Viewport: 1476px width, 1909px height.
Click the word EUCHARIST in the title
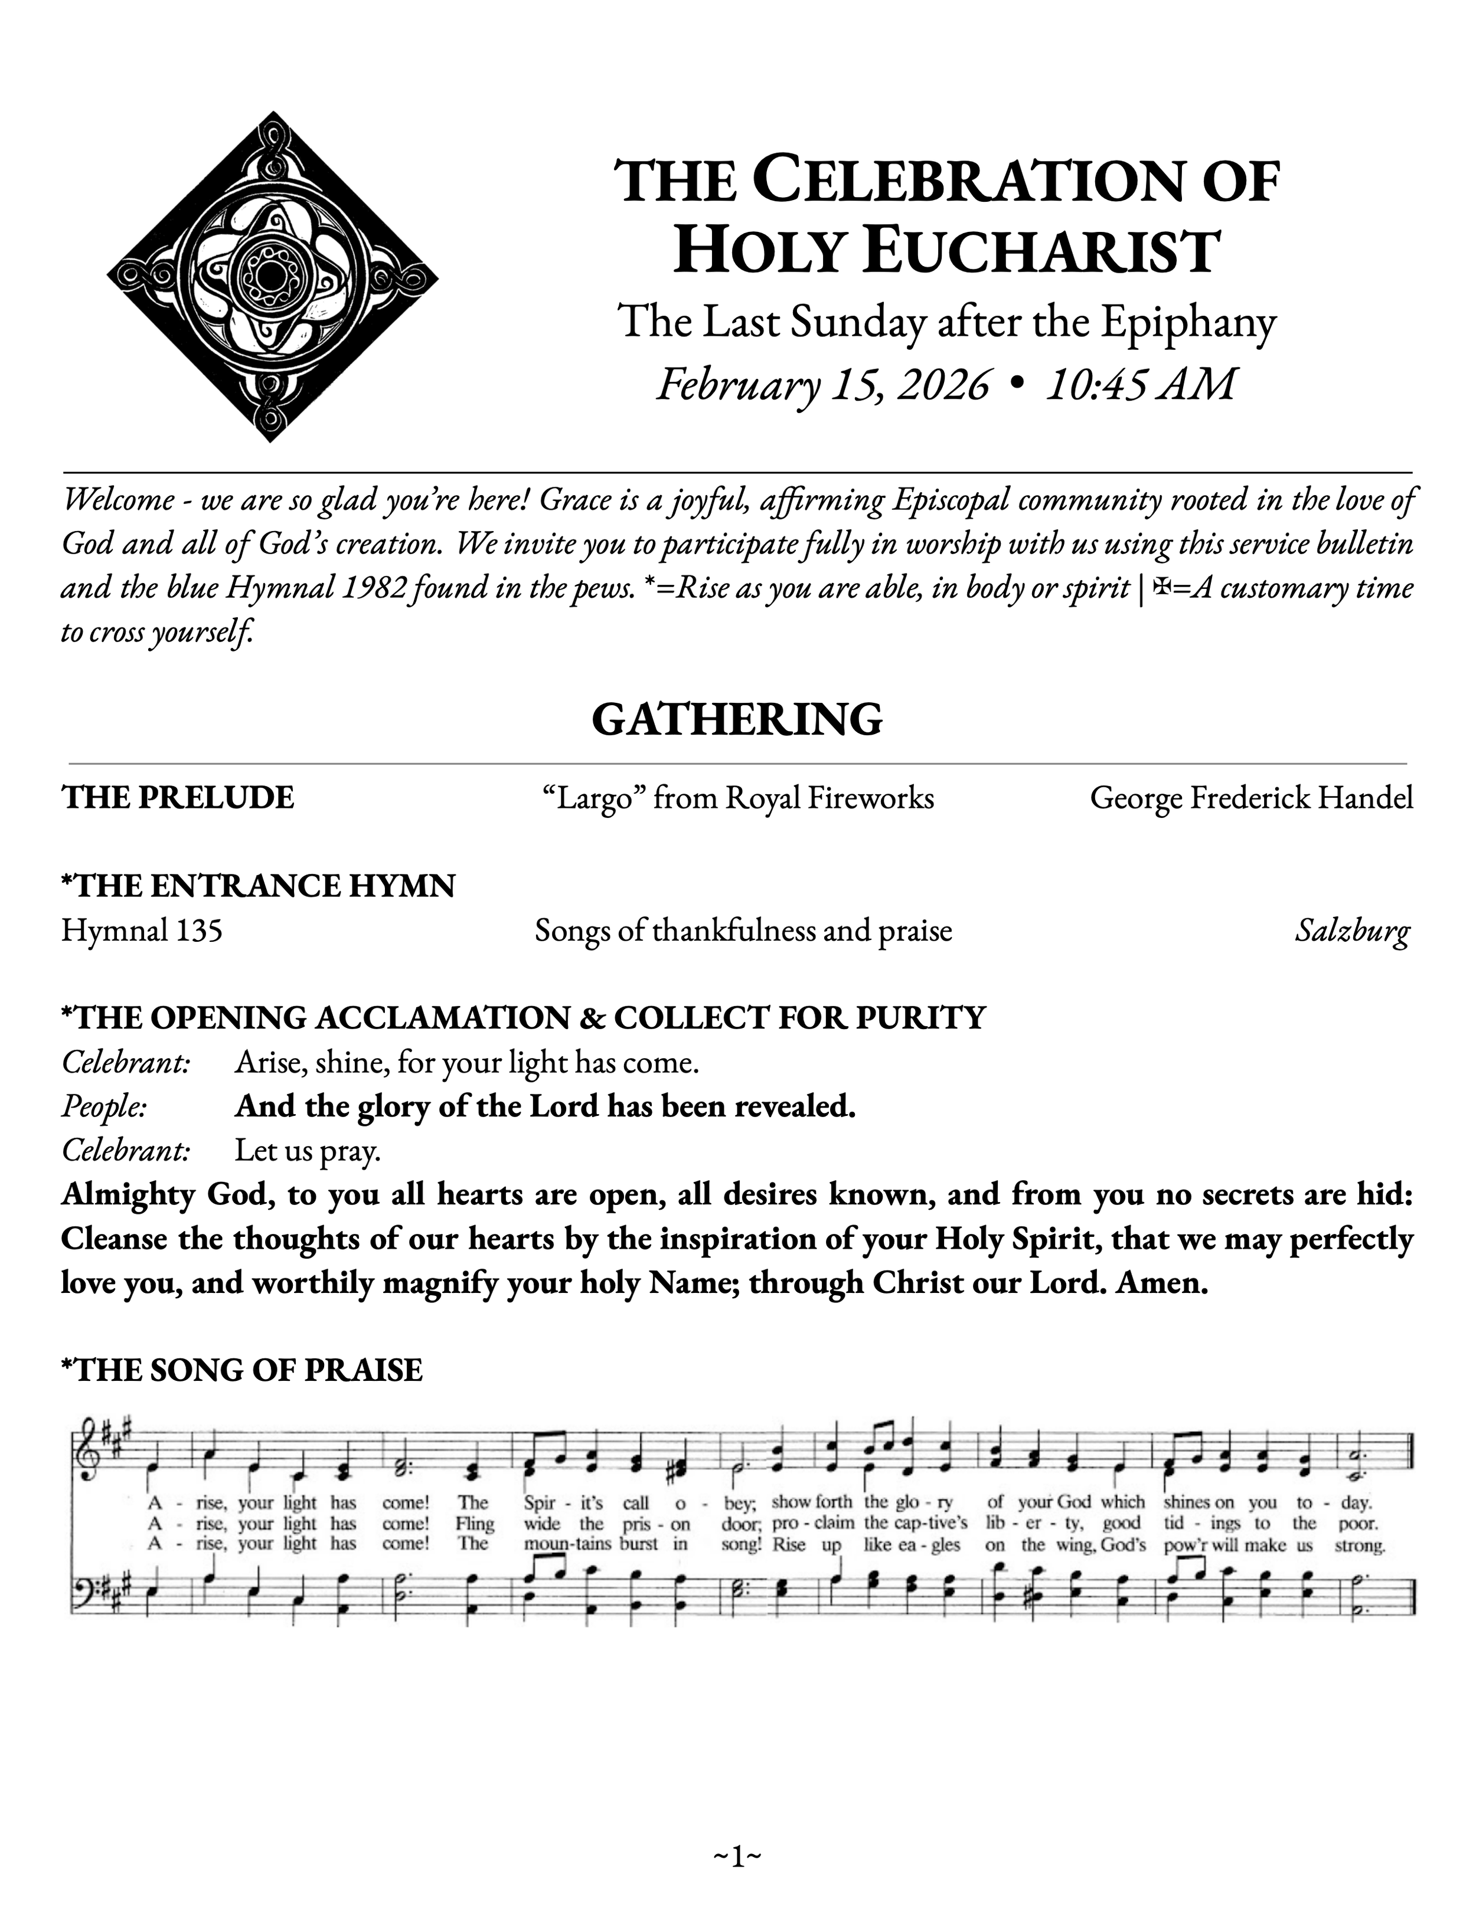(1040, 253)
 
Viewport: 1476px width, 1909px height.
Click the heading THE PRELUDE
(178, 798)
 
